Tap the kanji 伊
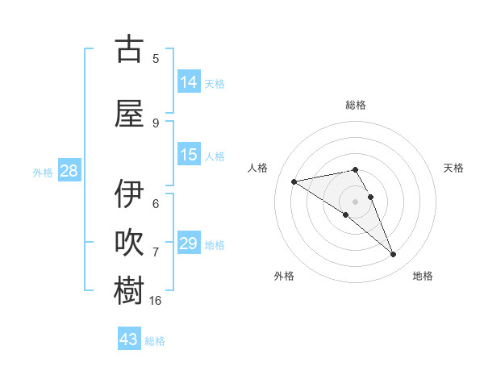(129, 194)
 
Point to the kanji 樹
(129, 290)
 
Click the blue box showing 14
(189, 82)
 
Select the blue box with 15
(189, 155)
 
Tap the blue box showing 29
(189, 244)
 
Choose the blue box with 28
(69, 171)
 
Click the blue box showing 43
(129, 339)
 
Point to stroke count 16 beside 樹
(156, 300)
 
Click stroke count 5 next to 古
(156, 58)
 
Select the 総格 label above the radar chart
(356, 105)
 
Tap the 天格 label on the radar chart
(453, 168)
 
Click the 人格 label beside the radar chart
(258, 168)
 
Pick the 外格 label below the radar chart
(284, 276)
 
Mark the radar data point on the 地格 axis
(394, 255)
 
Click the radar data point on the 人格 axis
(294, 181)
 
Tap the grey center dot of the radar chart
(355, 201)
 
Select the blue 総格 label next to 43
(155, 341)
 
